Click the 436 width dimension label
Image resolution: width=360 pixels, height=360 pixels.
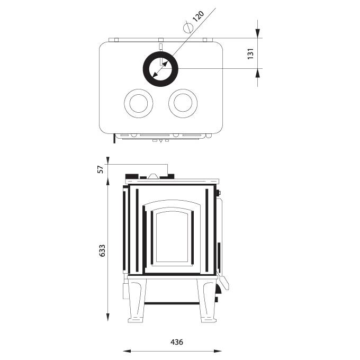(177, 342)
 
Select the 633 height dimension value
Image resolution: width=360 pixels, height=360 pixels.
(102, 250)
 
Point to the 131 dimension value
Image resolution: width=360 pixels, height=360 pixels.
(251, 53)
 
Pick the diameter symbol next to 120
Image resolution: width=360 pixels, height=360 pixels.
(187, 26)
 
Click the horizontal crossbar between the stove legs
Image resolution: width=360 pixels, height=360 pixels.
(171, 303)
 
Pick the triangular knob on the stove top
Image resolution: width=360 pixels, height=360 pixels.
(152, 176)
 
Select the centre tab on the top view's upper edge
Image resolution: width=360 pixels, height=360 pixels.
(159, 40)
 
